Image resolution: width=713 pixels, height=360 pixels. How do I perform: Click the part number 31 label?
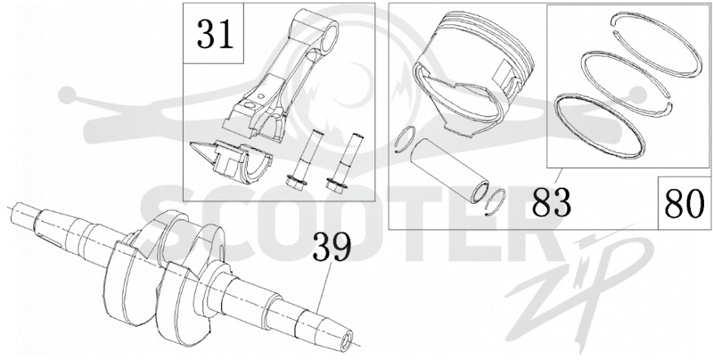(215, 35)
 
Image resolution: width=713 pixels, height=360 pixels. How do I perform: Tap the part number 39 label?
(332, 248)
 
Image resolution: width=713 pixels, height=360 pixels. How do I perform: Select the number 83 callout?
(551, 201)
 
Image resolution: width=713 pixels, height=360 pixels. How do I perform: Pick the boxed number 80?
(684, 203)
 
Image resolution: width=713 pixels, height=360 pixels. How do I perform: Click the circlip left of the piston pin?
(405, 140)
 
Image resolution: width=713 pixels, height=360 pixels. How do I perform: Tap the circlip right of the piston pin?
(496, 200)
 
